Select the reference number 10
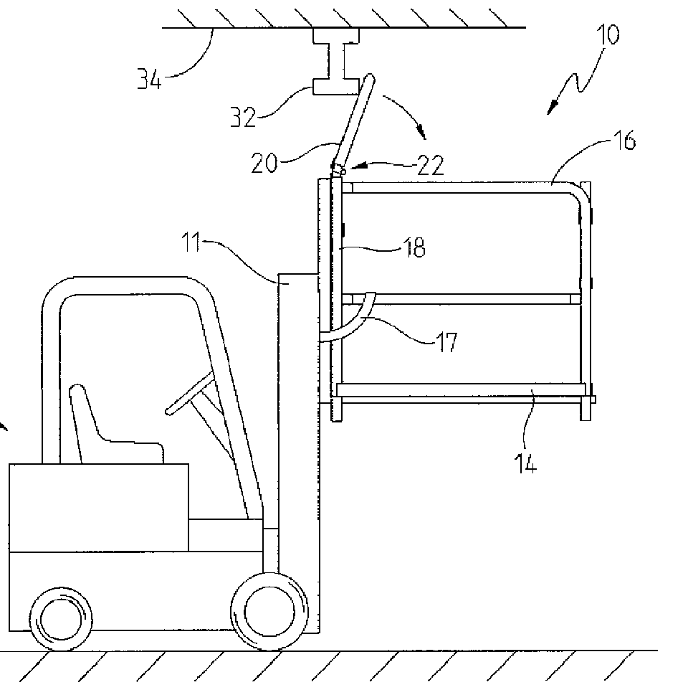coord(606,34)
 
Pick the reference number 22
coord(429,166)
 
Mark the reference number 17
coord(446,343)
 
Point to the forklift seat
coord(100,430)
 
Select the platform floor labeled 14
coord(459,389)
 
